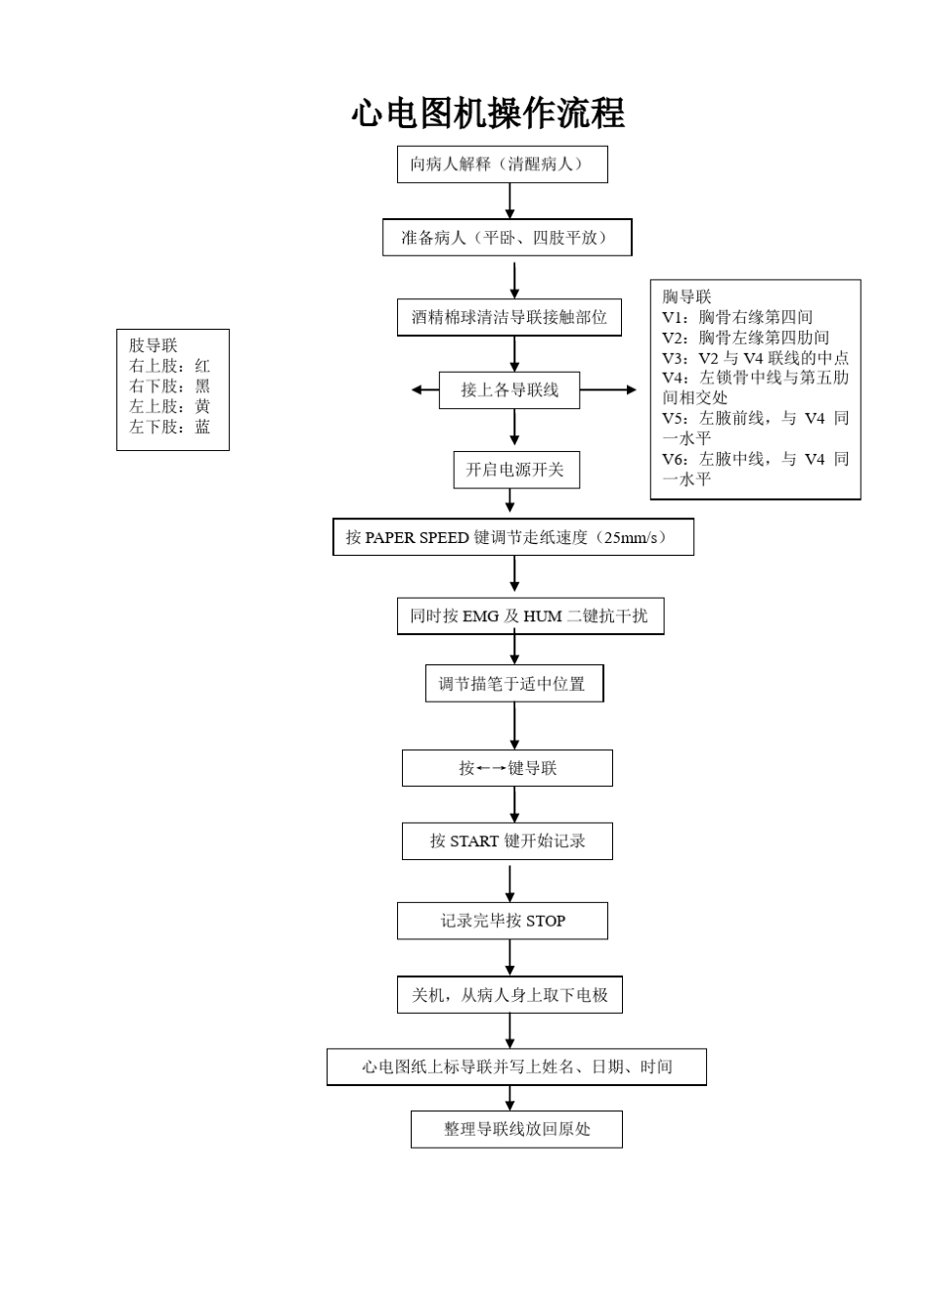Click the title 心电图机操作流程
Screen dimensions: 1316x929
coord(488,114)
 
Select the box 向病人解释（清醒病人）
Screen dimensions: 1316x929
coord(502,164)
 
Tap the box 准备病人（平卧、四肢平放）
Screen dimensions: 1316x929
coord(507,238)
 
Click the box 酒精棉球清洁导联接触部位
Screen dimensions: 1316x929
coord(509,317)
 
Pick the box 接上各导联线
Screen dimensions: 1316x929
coord(509,390)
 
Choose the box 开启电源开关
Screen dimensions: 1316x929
coord(515,470)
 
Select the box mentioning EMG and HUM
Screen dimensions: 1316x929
coord(529,616)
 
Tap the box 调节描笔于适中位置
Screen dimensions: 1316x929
coord(513,684)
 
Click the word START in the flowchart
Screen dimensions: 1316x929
coord(474,841)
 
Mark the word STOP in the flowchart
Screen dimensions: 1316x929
coord(546,922)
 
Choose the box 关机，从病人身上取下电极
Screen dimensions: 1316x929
coord(509,995)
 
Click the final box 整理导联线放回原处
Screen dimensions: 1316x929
coord(516,1129)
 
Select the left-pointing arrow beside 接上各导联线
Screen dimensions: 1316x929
coord(424,390)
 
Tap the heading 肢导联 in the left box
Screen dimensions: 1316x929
coord(154,345)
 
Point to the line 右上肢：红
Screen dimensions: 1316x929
coord(169,366)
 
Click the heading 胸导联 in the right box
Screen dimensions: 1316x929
coord(686,296)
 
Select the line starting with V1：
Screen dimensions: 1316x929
coord(736,317)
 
